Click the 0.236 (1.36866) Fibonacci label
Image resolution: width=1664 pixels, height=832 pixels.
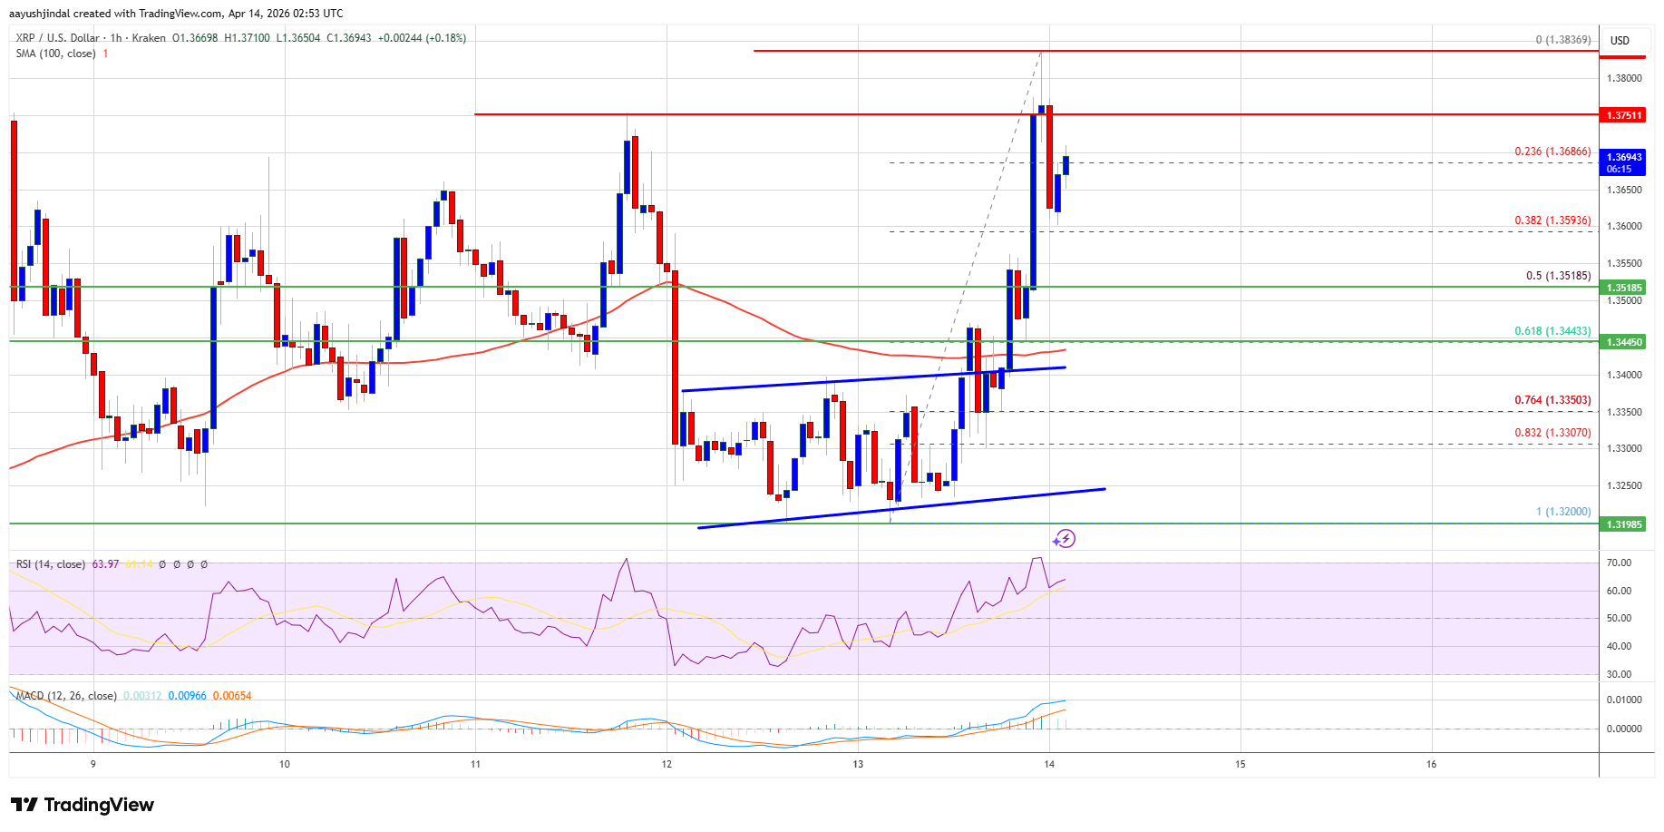pyautogui.click(x=1552, y=152)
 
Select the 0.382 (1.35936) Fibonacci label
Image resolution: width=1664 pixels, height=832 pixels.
pyautogui.click(x=1552, y=220)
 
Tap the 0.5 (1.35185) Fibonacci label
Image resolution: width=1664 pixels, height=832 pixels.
pyautogui.click(x=1558, y=276)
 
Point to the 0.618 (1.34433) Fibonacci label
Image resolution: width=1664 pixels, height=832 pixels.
pyautogui.click(x=1552, y=331)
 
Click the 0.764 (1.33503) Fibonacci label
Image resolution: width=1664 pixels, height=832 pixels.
pyautogui.click(x=1552, y=400)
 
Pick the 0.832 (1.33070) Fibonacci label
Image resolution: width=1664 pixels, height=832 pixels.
pyautogui.click(x=1552, y=433)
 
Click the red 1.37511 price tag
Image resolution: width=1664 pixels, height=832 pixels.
pyautogui.click(x=1624, y=115)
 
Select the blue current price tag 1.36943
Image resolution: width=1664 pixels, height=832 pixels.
pyautogui.click(x=1624, y=162)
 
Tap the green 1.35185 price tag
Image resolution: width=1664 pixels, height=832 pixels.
pyautogui.click(x=1624, y=288)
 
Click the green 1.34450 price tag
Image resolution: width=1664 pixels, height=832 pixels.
pyautogui.click(x=1624, y=342)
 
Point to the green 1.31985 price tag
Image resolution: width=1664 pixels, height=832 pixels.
pyautogui.click(x=1624, y=524)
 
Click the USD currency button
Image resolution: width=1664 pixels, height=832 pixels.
pyautogui.click(x=1620, y=41)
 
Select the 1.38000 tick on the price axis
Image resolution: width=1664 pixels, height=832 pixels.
pyautogui.click(x=1624, y=78)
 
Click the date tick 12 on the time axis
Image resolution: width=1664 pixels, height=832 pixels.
pyautogui.click(x=667, y=764)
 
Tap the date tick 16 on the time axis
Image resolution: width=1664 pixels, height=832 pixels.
pyautogui.click(x=1431, y=764)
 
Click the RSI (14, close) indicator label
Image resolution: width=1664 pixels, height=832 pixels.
pyautogui.click(x=51, y=564)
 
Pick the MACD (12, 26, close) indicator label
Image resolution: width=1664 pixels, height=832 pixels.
pyautogui.click(x=66, y=696)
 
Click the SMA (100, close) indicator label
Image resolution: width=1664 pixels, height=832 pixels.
pyautogui.click(x=55, y=54)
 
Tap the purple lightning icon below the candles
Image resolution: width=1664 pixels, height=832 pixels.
pyautogui.click(x=1065, y=539)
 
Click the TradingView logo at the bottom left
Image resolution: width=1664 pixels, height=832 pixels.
pyautogui.click(x=83, y=805)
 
